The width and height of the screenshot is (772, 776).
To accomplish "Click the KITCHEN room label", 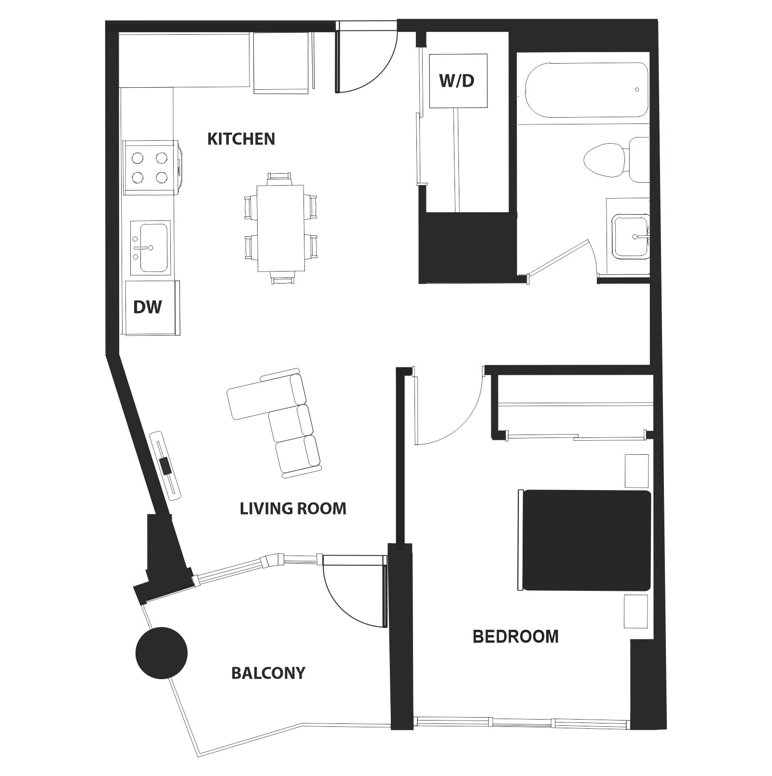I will coord(241,139).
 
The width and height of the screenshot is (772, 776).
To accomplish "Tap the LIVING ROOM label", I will coord(293,508).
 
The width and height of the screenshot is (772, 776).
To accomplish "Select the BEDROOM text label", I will coord(515,637).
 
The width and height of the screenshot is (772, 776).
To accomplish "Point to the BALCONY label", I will coord(268,673).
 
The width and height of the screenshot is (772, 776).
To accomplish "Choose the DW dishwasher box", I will coord(148,307).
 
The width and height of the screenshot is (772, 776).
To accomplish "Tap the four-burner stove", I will coord(150,167).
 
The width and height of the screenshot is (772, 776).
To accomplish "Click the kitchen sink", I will coord(153,247).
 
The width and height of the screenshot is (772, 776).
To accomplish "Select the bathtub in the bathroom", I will coord(586,90).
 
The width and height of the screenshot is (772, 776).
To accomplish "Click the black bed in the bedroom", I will coord(587,540).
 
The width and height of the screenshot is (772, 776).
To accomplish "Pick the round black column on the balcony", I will coord(161,653).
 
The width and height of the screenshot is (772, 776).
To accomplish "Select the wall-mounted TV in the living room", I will coord(165,465).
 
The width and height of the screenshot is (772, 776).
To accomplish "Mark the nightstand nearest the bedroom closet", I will coord(636,471).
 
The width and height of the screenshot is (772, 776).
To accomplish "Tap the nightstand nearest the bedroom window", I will coord(635,611).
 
